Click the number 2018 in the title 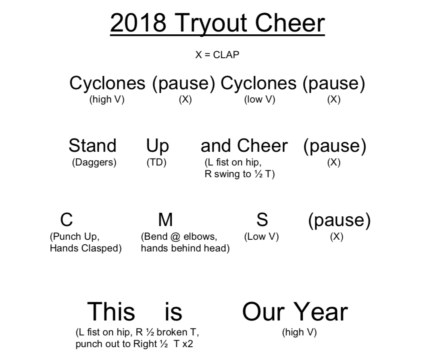(138, 23)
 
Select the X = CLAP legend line (217, 55)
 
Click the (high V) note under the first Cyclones (107, 99)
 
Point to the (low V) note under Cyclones (260, 99)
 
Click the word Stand (92, 145)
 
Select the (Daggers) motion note (94, 162)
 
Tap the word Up (157, 147)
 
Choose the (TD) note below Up (156, 162)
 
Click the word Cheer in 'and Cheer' (262, 145)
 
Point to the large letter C (66, 220)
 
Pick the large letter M (165, 220)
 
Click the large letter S (262, 220)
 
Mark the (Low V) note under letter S (261, 237)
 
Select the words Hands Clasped (84, 248)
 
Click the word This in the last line (111, 312)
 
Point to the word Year (321, 312)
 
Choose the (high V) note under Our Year (300, 332)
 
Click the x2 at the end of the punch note (187, 344)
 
